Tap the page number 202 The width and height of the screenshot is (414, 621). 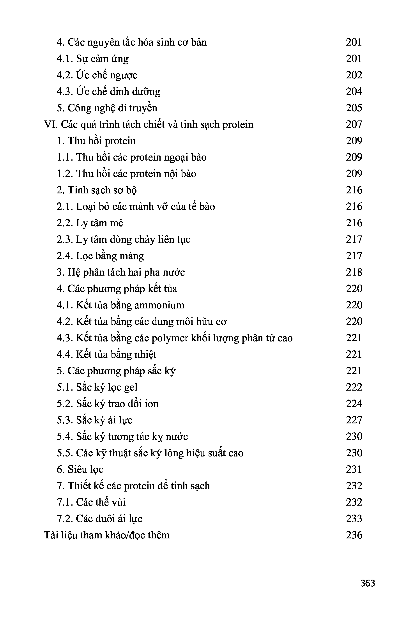(x=354, y=75)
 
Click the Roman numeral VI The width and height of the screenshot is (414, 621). (x=50, y=124)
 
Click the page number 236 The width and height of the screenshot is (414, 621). (x=354, y=535)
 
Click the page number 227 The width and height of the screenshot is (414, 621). (x=354, y=420)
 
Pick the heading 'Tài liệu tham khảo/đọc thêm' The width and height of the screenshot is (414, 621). (x=107, y=535)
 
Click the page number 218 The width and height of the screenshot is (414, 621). (x=354, y=272)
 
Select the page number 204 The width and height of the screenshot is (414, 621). (x=354, y=92)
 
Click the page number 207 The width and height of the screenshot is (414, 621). (x=354, y=124)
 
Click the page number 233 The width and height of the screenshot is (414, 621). (x=354, y=518)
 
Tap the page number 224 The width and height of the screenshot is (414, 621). (x=354, y=404)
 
